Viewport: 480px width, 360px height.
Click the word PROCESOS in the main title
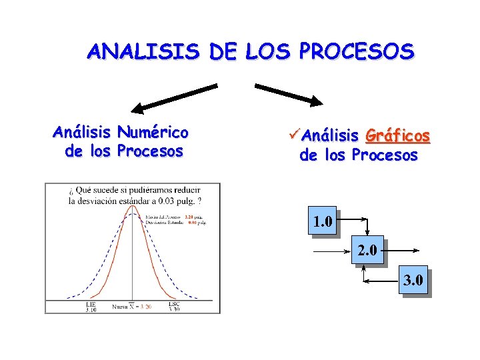[357, 51]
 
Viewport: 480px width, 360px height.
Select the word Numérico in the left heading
[152, 133]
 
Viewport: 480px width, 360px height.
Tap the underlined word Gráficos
[398, 137]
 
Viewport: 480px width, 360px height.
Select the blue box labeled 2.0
[367, 251]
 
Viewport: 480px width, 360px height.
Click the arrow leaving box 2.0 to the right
[401, 251]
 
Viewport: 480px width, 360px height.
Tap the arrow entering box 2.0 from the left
[331, 251]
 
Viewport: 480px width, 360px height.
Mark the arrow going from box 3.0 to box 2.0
[381, 281]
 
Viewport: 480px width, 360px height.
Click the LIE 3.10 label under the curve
[91, 307]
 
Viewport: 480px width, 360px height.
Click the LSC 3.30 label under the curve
[174, 307]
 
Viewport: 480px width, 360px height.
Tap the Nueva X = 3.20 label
[131, 307]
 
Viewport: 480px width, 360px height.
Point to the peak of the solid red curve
[133, 205]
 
